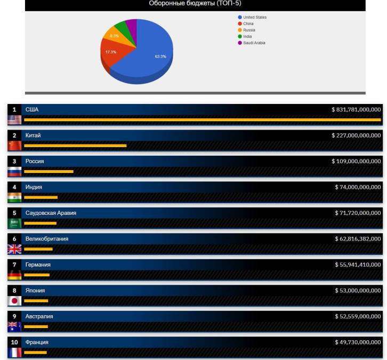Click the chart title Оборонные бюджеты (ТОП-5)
195,4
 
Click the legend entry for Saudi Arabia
254,43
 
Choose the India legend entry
247,36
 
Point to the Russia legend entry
249,30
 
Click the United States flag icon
14,120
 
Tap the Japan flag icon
14,301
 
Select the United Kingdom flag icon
14,249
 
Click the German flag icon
14,275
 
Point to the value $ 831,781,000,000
356,110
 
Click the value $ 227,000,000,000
356,135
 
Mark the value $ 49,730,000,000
358,342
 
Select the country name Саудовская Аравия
51,213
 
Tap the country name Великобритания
47,239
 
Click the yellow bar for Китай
75,146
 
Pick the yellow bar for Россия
49,172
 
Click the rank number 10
14,342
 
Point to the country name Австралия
39,316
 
